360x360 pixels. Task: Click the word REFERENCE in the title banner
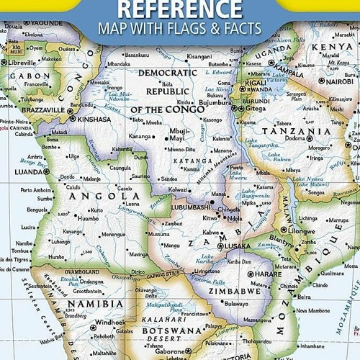179,9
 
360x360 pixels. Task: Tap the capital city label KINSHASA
93,119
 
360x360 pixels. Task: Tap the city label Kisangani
199,55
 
